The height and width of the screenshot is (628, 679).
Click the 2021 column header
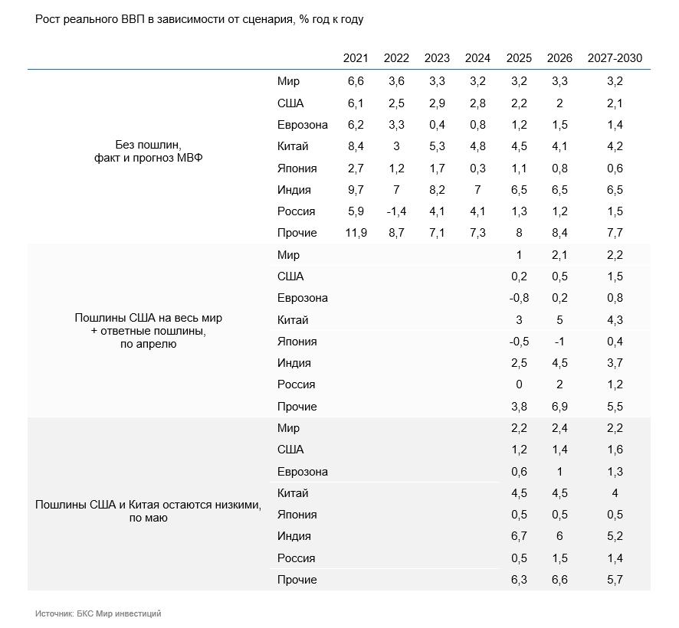coord(355,58)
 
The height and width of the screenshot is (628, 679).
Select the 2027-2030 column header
coord(615,58)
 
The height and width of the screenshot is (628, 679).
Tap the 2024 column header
coord(477,58)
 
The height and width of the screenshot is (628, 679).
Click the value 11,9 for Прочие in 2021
coord(356,233)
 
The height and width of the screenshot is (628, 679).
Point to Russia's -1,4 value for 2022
coord(396,211)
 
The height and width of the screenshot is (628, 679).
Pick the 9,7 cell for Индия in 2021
coord(356,190)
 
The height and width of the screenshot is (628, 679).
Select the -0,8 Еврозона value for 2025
coord(519,298)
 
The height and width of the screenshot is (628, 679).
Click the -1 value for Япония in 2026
coord(559,342)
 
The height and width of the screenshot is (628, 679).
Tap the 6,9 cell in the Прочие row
coord(559,407)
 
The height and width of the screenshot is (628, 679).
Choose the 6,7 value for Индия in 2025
coord(519,536)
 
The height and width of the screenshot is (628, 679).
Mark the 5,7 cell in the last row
coord(615,580)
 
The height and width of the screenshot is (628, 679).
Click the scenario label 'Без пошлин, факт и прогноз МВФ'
coord(148,151)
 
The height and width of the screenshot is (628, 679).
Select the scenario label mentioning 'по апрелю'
coord(148,331)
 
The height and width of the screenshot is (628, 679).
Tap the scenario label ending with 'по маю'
coord(148,511)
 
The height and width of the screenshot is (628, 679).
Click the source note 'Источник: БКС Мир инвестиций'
coord(98,613)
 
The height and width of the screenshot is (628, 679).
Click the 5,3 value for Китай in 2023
coord(437,146)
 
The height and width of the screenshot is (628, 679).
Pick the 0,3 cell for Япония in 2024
coord(477,168)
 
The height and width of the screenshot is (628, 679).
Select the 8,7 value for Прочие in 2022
coord(396,233)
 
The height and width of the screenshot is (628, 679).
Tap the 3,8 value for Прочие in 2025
coord(519,407)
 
